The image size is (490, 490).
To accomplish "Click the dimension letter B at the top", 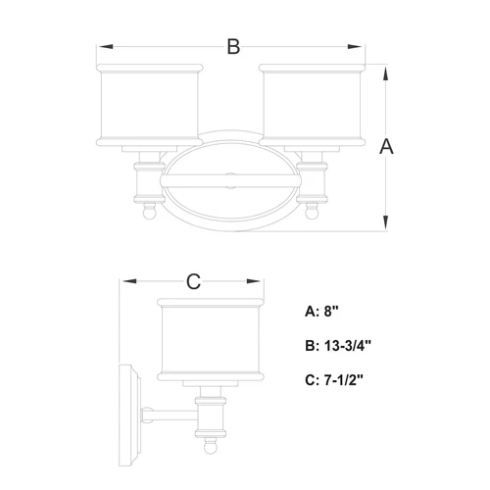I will (232, 47).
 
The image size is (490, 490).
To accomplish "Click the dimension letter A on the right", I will (386, 147).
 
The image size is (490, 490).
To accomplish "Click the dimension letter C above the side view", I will (193, 282).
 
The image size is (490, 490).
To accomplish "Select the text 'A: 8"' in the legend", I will (322, 313).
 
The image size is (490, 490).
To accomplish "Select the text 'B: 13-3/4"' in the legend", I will (337, 346).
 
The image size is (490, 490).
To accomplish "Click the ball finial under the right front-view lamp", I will (314, 209).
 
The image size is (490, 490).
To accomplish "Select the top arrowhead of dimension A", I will (387, 70).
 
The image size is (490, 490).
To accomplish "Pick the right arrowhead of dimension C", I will (263, 282).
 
